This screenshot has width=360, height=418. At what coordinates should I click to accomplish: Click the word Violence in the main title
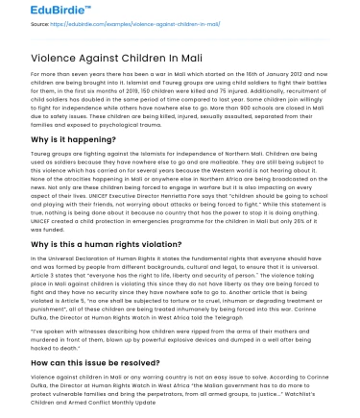click(x=61, y=57)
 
